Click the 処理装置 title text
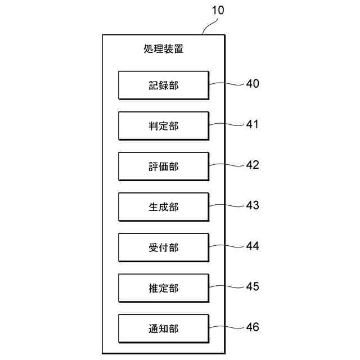(163, 49)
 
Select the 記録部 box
(163, 85)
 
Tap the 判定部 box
(163, 126)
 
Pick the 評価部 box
(163, 166)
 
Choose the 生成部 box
(163, 207)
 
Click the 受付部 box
(163, 247)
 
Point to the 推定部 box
(163, 288)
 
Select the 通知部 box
(163, 328)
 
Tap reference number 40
(253, 84)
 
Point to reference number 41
(253, 124)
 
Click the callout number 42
(253, 165)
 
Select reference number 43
(253, 205)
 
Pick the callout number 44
(253, 246)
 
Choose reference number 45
(253, 286)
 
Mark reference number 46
(253, 327)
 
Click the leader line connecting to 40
(227, 85)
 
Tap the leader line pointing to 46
(227, 328)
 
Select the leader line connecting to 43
(227, 206)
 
